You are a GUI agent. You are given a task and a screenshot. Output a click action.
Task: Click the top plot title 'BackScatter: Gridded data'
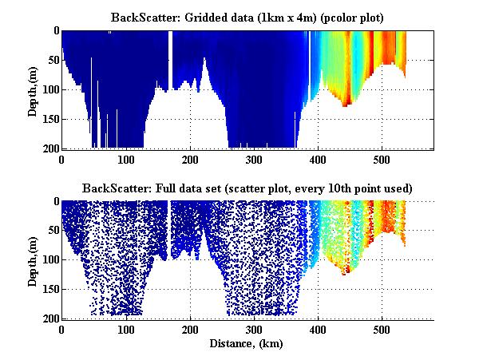point(247,17)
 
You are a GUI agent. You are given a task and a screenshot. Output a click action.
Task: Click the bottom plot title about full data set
point(247,188)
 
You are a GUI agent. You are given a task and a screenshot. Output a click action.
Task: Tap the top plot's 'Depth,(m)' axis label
point(33,89)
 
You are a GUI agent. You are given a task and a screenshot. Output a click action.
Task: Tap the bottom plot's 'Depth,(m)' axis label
point(33,260)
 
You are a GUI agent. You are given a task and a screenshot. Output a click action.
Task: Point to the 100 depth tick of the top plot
point(49,89)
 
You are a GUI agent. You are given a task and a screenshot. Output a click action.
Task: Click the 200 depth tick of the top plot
point(49,148)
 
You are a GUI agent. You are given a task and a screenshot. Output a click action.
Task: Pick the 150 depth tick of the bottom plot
point(49,290)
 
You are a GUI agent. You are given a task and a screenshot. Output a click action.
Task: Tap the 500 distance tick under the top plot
point(382,159)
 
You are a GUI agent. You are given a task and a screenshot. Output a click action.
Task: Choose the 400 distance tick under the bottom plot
point(318,330)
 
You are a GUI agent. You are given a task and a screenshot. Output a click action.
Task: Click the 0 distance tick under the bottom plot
point(61,330)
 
